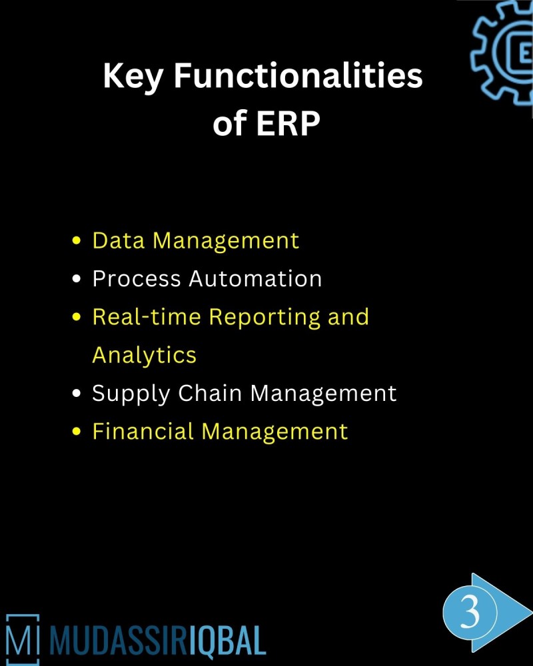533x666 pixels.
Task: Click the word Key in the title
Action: (134, 77)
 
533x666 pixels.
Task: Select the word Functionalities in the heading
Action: (298, 77)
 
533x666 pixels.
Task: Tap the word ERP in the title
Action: (289, 125)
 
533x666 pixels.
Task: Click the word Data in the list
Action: (119, 240)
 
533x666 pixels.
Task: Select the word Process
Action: (137, 278)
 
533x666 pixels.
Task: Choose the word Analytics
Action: (145, 355)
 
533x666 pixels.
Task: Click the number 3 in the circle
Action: (470, 611)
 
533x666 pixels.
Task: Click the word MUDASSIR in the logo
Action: (117, 639)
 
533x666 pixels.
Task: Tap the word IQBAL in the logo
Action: (226, 639)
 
